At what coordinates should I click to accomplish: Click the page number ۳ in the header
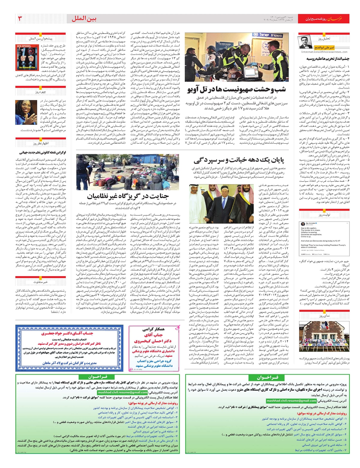click(x=20, y=19)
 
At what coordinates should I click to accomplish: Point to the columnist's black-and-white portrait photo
click(x=304, y=42)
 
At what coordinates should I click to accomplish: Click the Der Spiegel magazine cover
click(x=26, y=58)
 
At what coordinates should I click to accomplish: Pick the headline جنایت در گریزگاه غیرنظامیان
click(x=127, y=196)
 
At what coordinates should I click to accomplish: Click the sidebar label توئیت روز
click(x=324, y=215)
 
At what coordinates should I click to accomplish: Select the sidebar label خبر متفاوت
click(x=40, y=282)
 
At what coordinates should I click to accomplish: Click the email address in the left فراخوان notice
click(x=131, y=392)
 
